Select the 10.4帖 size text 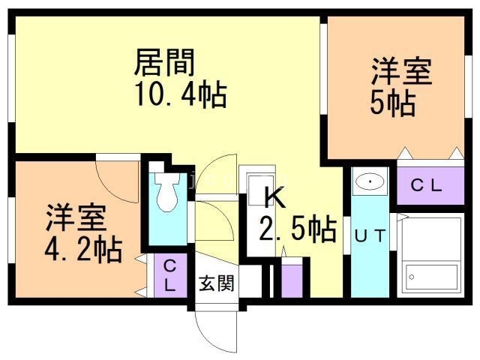click(180, 95)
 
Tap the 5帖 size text click(392, 103)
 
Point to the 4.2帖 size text click(82, 248)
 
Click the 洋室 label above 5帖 click(401, 73)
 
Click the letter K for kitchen click(274, 198)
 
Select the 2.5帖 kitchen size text click(297, 229)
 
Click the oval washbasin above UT click(370, 182)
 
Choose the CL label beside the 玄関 click(169, 274)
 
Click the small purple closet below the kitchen click(292, 278)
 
